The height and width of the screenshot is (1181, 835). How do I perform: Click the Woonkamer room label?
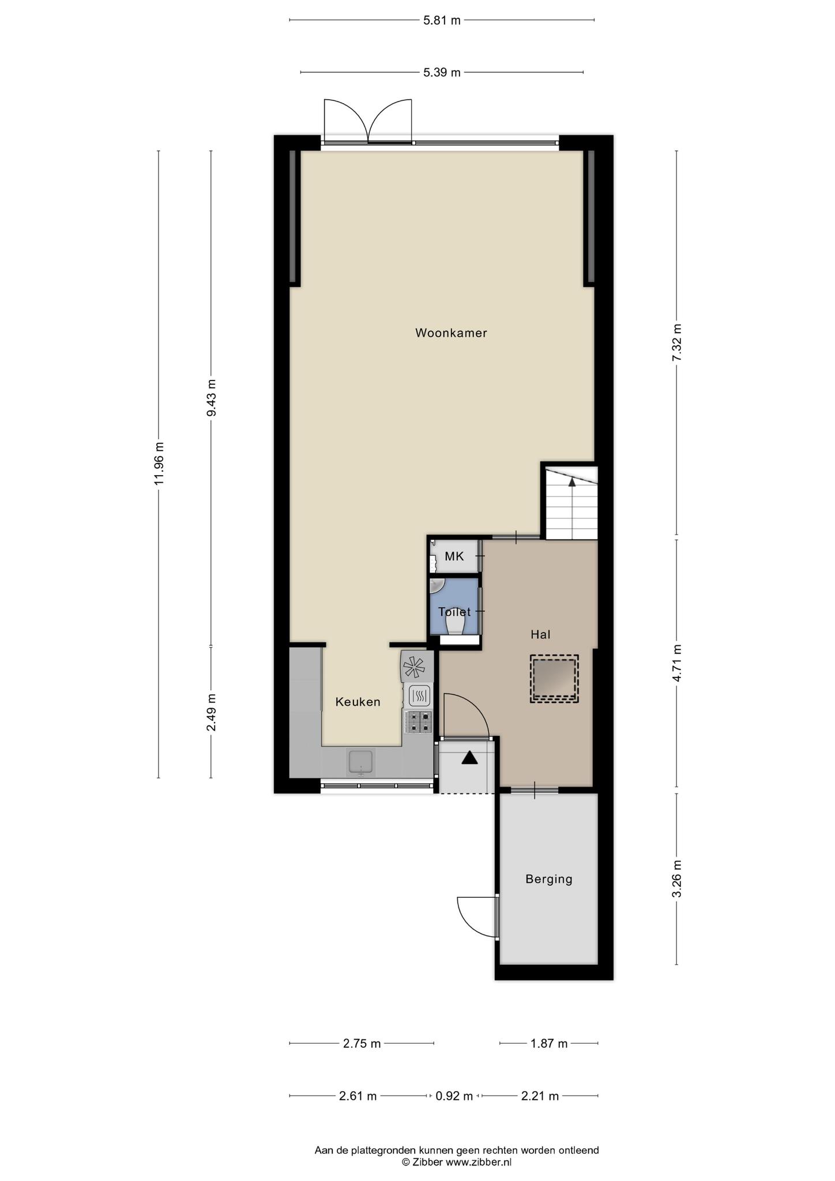click(x=451, y=333)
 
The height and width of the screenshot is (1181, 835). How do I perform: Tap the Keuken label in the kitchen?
click(x=358, y=702)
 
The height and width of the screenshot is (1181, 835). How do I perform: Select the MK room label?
click(x=454, y=556)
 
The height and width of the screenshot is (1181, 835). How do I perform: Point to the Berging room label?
click(x=549, y=879)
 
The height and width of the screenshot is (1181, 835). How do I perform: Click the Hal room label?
click(x=540, y=634)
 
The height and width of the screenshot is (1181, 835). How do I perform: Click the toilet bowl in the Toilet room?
click(x=456, y=626)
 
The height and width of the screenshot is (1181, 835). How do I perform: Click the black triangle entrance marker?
click(x=470, y=758)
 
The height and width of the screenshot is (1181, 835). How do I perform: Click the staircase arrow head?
click(x=571, y=482)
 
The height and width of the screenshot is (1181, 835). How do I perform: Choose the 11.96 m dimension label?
click(x=160, y=464)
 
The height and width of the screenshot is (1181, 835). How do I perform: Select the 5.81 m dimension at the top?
click(x=442, y=21)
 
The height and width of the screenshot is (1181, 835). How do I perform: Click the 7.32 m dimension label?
click(x=677, y=343)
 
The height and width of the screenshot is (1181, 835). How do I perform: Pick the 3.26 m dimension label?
click(x=677, y=879)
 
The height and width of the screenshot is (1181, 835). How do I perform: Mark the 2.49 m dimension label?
click(x=212, y=712)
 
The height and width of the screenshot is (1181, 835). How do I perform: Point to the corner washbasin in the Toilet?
click(x=437, y=585)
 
